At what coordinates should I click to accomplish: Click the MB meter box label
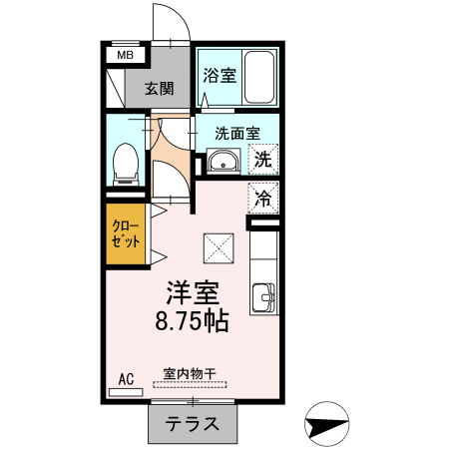click(125, 56)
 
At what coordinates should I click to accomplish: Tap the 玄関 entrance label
click(159, 87)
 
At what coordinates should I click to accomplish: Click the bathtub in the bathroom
click(261, 77)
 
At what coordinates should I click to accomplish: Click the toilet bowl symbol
click(126, 164)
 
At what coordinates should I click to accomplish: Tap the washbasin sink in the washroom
click(222, 162)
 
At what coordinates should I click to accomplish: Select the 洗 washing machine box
click(262, 158)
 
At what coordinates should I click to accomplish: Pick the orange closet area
click(126, 235)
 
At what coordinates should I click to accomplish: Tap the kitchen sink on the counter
click(264, 296)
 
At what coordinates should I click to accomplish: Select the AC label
click(126, 378)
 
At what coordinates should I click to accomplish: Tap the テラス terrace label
click(194, 423)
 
